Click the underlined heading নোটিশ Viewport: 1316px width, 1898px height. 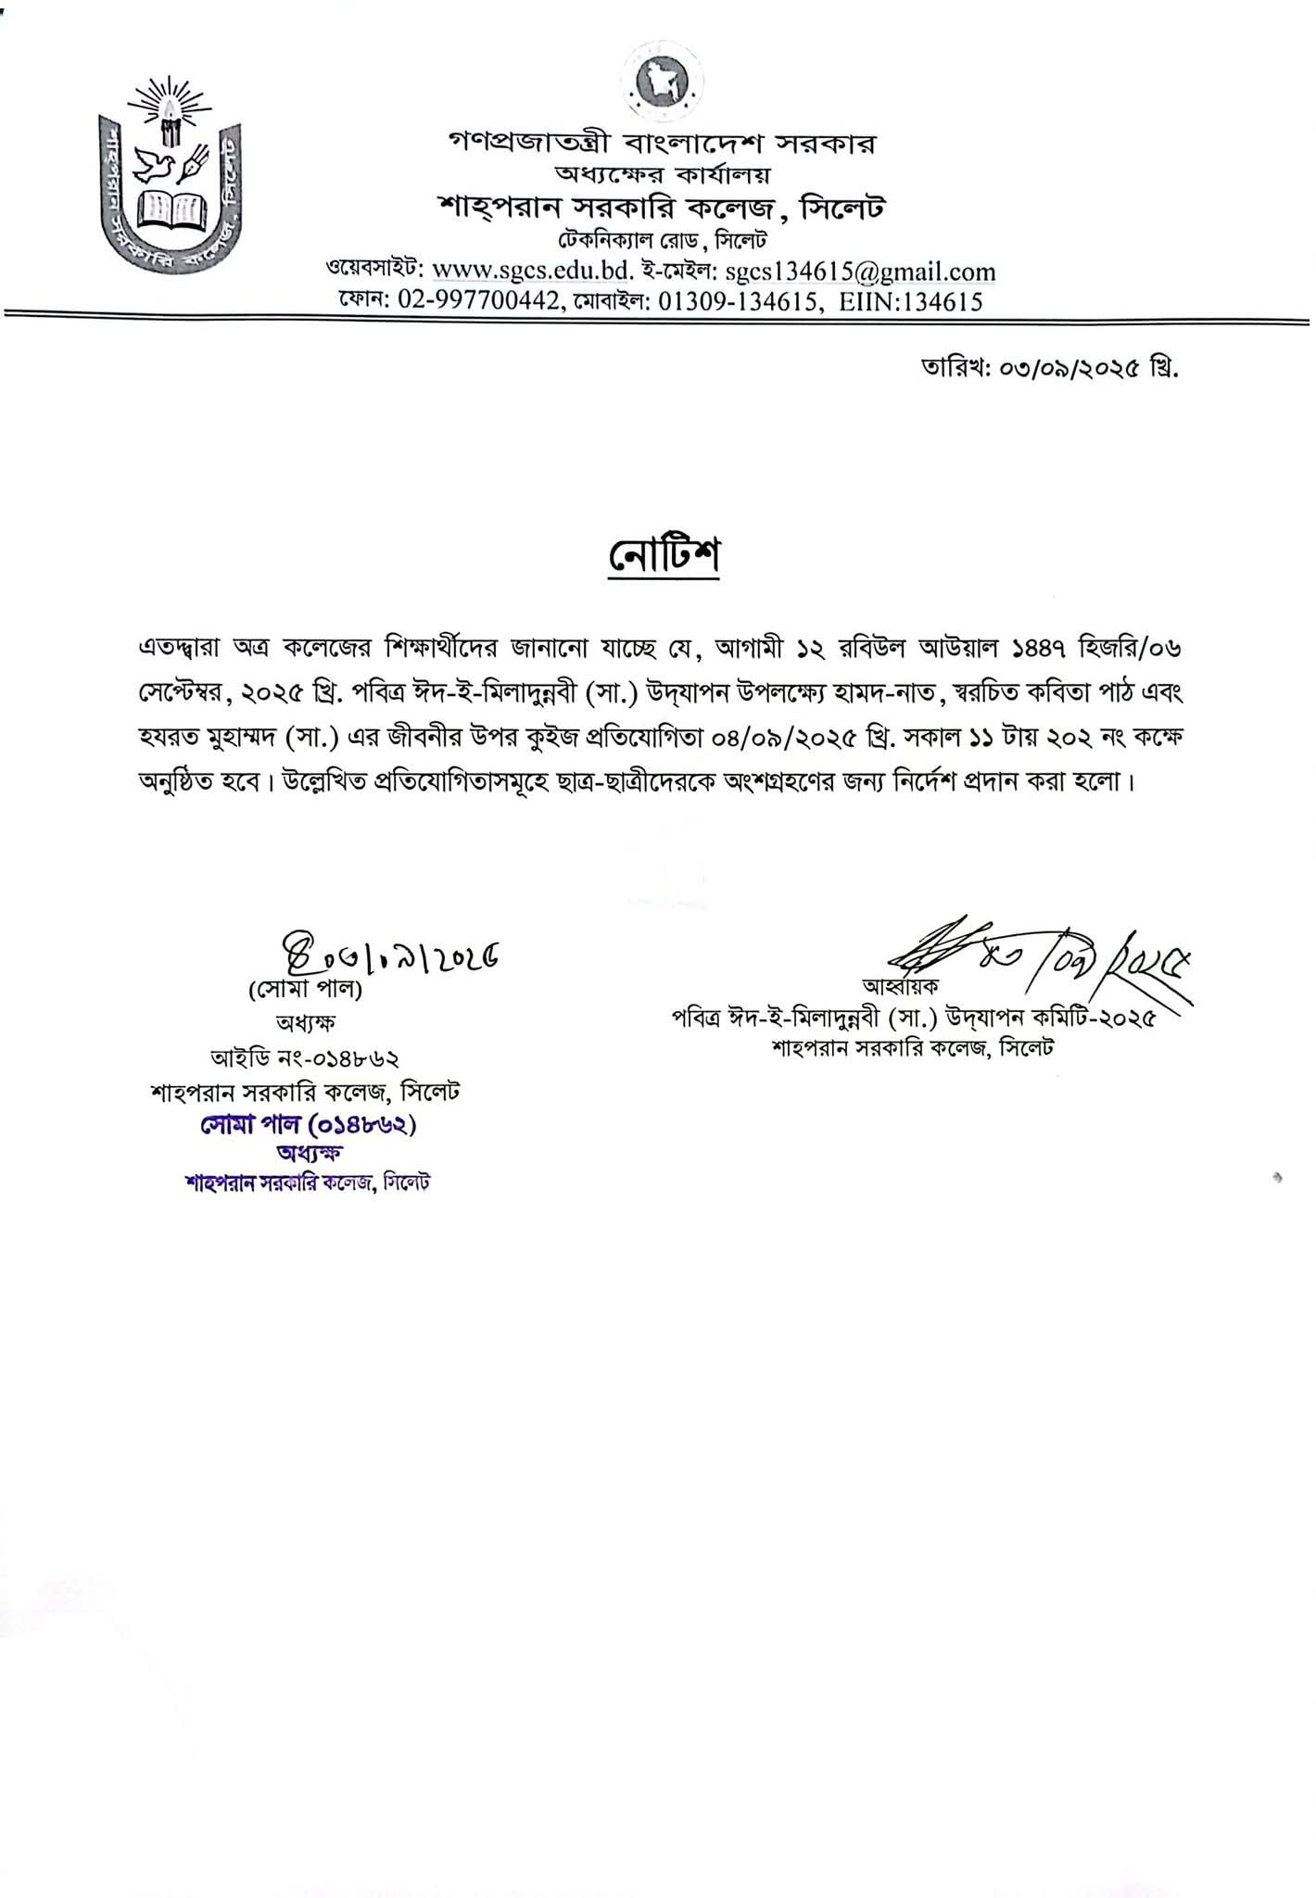(x=664, y=557)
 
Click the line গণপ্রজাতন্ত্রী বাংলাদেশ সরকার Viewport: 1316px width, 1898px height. (x=662, y=144)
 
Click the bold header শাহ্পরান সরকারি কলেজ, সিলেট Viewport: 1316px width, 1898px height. (x=662, y=208)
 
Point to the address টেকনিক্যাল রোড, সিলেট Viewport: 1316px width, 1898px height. (x=662, y=240)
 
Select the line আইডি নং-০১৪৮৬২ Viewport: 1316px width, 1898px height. (x=305, y=1057)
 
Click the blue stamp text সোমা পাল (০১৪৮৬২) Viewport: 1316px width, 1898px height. (x=305, y=1124)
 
